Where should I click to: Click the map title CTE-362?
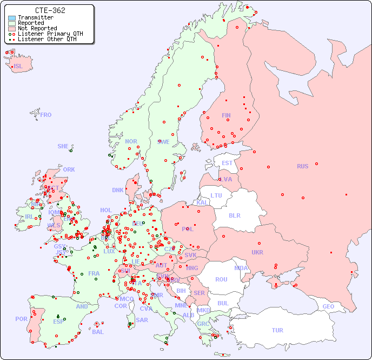pos(50,10)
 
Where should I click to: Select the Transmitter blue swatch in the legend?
pos(12,18)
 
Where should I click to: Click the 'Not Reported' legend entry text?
pos(37,29)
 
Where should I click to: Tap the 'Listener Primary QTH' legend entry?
pos(50,34)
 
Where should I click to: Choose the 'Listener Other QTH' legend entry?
pos(47,39)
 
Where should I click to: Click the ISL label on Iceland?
pos(18,67)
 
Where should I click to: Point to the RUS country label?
pos(302,166)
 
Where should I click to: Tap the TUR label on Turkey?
pos(277,330)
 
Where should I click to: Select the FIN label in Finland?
pos(226,115)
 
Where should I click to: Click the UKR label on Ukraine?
pos(257,252)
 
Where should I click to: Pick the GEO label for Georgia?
pos(328,306)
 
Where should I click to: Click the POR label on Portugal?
pos(21,319)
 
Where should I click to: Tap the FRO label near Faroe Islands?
pos(46,115)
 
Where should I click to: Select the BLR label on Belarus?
pos(234,215)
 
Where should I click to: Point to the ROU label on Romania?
pos(221,279)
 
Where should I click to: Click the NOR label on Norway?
pos(131,141)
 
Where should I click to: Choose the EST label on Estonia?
pos(227,163)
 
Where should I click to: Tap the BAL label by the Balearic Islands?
pos(97,332)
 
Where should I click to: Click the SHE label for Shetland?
pos(63,146)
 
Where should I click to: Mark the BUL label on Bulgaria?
pos(223,303)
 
